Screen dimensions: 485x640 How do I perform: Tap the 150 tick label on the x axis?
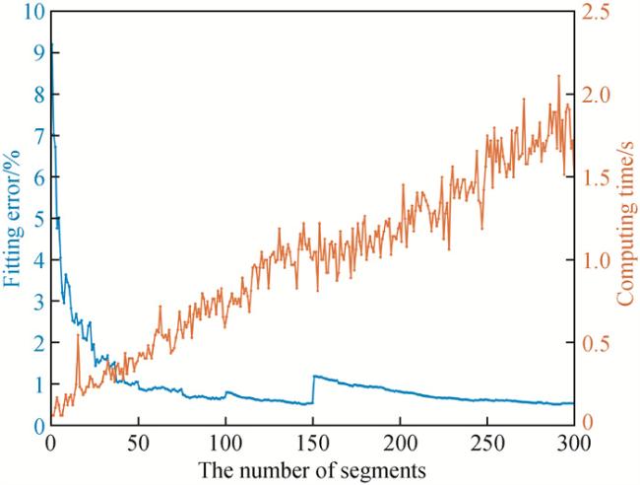click(313, 442)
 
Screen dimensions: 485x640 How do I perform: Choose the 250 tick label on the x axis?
click(488, 442)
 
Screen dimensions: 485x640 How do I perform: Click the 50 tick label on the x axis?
click(138, 442)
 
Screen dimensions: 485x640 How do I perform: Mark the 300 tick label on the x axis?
click(573, 442)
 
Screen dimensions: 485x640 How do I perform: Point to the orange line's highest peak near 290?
click(559, 76)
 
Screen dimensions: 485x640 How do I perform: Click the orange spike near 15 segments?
click(78, 336)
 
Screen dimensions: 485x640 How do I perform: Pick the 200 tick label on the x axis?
click(401, 442)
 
